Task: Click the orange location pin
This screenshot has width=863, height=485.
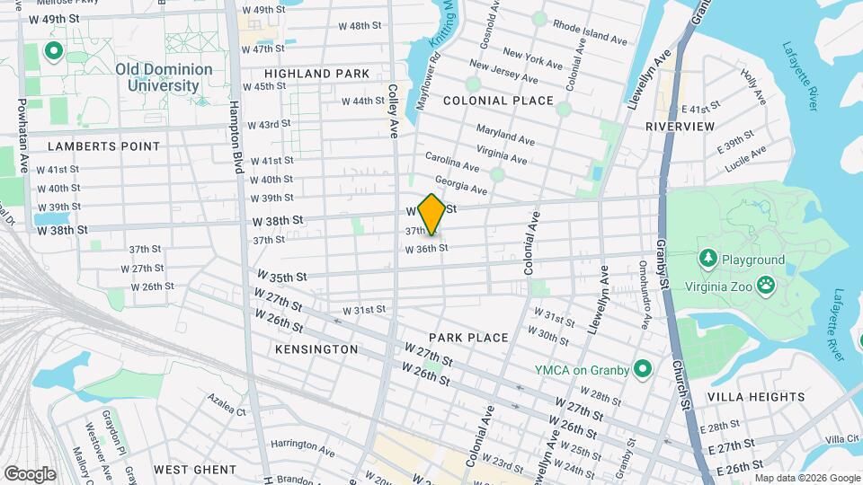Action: coord(432,214)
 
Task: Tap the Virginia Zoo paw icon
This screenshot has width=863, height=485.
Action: coord(766,286)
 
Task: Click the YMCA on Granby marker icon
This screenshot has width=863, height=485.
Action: coord(642,369)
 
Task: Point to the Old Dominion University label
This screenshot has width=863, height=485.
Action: coord(164,77)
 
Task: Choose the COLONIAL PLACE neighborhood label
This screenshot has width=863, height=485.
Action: coord(498,101)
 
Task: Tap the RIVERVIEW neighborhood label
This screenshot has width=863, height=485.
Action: coord(680,127)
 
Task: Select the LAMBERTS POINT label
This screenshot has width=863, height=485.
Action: coord(103,145)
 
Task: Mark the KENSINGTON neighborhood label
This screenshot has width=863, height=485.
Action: coord(316,348)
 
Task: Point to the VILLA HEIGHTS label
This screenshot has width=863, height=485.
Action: coord(756,396)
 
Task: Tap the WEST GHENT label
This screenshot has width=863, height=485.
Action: coord(195,469)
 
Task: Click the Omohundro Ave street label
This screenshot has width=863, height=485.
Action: coord(645,293)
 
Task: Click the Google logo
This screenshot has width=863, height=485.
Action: coord(30,474)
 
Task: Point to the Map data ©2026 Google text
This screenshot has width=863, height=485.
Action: coord(807,478)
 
